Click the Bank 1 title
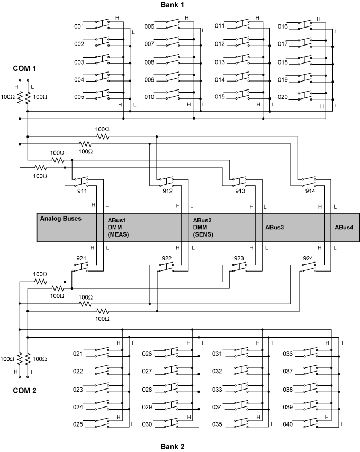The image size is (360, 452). [175, 5]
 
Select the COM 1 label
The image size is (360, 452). [24, 69]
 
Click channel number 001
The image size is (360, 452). [79, 26]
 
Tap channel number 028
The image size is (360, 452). [148, 390]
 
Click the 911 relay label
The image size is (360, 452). [82, 192]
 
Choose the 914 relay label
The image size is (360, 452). [310, 192]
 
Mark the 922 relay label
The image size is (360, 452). [167, 258]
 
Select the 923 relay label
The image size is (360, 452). [239, 258]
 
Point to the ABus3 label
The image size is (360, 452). [274, 227]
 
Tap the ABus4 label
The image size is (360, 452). [344, 227]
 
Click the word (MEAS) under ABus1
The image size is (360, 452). [119, 234]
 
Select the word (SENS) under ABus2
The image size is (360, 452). [203, 234]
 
